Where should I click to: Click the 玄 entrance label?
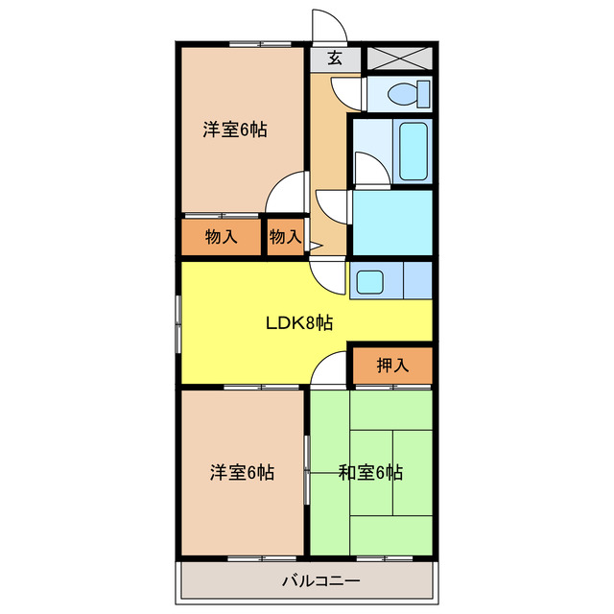(x=335, y=58)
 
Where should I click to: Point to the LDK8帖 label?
(x=299, y=323)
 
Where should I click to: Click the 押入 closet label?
(x=391, y=365)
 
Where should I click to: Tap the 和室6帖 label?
(x=370, y=472)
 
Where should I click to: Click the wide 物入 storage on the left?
(x=222, y=237)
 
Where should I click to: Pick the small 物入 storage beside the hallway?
(x=285, y=237)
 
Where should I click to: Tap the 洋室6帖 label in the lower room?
(x=242, y=472)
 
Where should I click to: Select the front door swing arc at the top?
(x=326, y=24)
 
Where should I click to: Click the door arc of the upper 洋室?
(x=287, y=192)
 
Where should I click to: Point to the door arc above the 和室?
(x=329, y=369)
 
